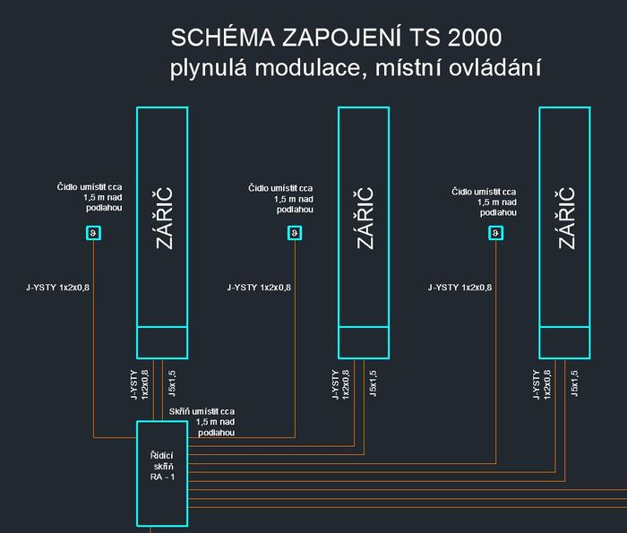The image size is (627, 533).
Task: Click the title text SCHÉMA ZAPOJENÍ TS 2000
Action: [x=335, y=39]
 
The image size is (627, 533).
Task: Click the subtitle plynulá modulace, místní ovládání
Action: [x=357, y=68]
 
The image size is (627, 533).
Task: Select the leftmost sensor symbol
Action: [x=93, y=234]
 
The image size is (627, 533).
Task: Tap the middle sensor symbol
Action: [x=295, y=234]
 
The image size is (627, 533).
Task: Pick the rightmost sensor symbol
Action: [x=495, y=234]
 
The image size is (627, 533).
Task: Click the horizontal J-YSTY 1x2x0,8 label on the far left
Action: [x=61, y=288]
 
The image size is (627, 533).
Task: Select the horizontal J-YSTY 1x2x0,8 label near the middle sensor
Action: [x=261, y=288]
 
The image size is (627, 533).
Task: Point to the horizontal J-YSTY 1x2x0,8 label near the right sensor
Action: [x=461, y=288]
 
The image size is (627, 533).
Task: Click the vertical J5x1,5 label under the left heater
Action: [x=171, y=382]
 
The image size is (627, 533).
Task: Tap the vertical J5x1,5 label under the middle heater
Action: [x=373, y=382]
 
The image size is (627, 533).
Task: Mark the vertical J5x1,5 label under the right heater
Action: [x=574, y=382]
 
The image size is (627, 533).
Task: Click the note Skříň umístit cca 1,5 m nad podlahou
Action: [x=202, y=421]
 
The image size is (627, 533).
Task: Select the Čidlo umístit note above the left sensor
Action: [x=90, y=199]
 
